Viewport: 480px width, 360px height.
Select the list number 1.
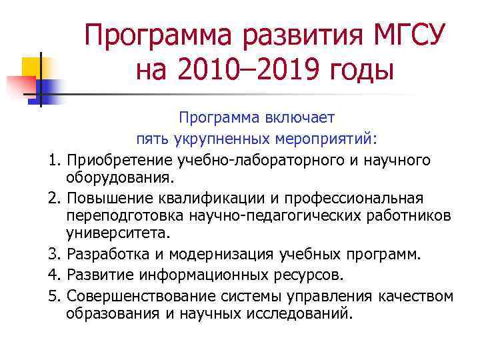point(54,160)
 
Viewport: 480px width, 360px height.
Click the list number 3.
point(54,255)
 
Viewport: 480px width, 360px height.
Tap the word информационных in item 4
point(213,275)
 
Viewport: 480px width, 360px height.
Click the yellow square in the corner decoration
point(33,67)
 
